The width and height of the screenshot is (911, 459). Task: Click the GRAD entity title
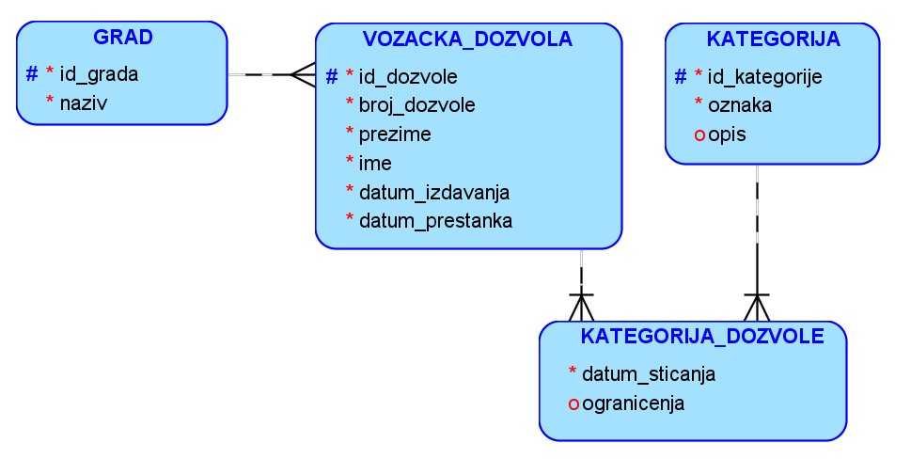[x=123, y=38]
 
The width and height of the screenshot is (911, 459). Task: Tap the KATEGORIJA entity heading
[x=773, y=39]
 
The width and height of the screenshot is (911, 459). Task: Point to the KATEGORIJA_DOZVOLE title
[x=702, y=336]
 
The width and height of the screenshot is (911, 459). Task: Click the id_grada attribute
[x=99, y=74]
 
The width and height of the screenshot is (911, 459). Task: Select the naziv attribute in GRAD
[x=83, y=103]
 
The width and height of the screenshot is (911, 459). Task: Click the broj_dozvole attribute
[x=416, y=104]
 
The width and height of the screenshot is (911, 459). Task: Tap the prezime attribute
[x=395, y=134]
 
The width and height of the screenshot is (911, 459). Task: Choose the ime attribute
[x=375, y=163]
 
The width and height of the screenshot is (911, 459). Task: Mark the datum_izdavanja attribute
[x=433, y=192]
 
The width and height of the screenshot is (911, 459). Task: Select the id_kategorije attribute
[x=764, y=76]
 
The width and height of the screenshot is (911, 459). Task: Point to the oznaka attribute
[x=740, y=105]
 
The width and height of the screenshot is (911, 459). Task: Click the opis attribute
[x=728, y=135]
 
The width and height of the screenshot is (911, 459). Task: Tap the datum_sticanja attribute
[x=649, y=374]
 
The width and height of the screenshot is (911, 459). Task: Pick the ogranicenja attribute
[x=633, y=404]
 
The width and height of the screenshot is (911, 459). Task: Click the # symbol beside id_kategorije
[x=682, y=76]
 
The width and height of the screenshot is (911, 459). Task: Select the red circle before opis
[x=699, y=135]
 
